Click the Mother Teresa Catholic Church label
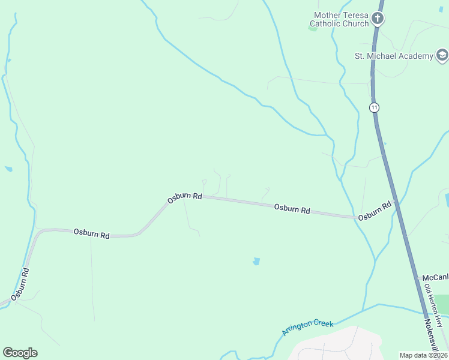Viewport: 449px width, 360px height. coord(341,19)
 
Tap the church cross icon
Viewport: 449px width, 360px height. coord(377,18)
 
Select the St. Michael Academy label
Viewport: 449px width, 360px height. coord(393,56)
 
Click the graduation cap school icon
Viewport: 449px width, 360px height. coord(442,56)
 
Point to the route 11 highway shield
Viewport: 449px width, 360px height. coord(375,107)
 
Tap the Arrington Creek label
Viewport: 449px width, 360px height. coord(307,328)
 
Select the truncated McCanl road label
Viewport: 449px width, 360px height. coord(435,278)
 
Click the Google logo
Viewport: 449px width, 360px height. coord(20,353)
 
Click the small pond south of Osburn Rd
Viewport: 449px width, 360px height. coord(256,262)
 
